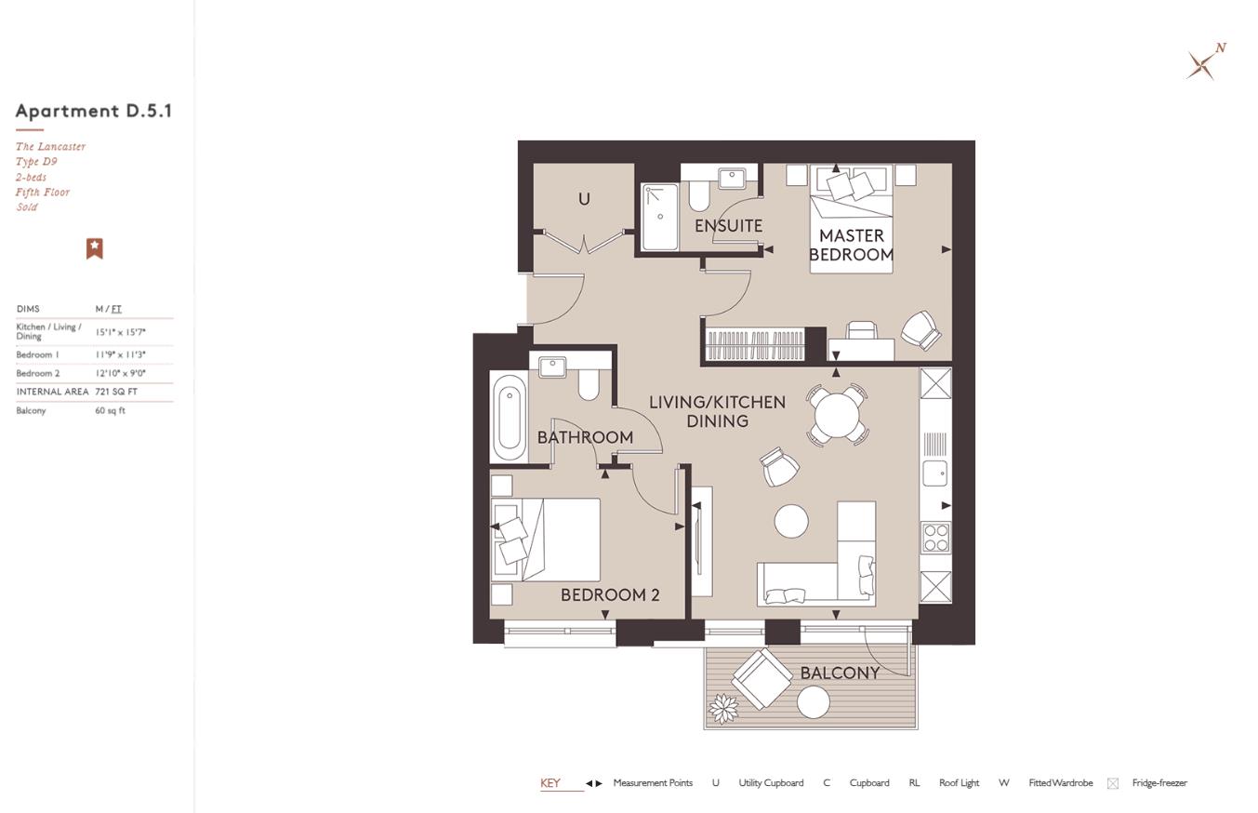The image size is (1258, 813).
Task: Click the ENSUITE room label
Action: pyautogui.click(x=728, y=226)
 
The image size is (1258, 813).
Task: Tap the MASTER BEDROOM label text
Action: pyautogui.click(x=851, y=245)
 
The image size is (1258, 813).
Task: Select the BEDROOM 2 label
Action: pyautogui.click(x=610, y=595)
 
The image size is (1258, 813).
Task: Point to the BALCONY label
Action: pyautogui.click(x=840, y=673)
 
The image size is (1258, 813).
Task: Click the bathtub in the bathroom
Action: pyautogui.click(x=509, y=418)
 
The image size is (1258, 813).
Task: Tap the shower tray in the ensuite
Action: pyautogui.click(x=659, y=217)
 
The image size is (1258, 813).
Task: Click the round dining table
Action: pyautogui.click(x=836, y=414)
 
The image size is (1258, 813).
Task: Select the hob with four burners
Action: pyautogui.click(x=935, y=538)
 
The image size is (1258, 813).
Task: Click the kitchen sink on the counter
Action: pyautogui.click(x=934, y=473)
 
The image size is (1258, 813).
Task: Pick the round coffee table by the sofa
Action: pyautogui.click(x=791, y=521)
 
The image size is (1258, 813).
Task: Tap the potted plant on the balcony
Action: pyautogui.click(x=723, y=708)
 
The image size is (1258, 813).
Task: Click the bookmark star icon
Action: pyautogui.click(x=94, y=248)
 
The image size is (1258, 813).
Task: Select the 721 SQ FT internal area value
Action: pyautogui.click(x=116, y=392)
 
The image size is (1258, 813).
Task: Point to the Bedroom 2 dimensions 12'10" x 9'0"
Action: pyautogui.click(x=120, y=373)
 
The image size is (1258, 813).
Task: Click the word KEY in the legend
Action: pyautogui.click(x=550, y=783)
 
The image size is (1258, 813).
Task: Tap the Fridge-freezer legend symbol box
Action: pyautogui.click(x=1112, y=783)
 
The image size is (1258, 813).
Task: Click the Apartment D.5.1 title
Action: pyautogui.click(x=94, y=111)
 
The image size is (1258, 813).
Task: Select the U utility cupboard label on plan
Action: pyautogui.click(x=584, y=199)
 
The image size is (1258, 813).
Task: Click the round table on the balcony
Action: pyautogui.click(x=814, y=702)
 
